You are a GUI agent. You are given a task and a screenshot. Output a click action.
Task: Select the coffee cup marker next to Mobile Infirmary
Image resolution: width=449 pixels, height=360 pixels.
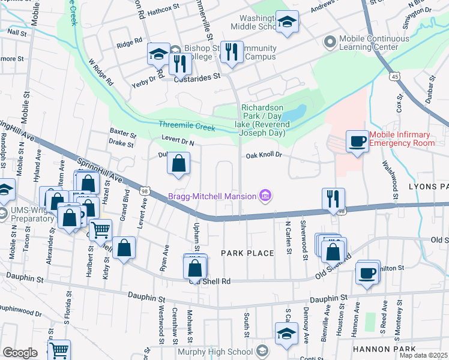357,142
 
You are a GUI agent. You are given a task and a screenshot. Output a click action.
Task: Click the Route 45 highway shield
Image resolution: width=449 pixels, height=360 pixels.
394,77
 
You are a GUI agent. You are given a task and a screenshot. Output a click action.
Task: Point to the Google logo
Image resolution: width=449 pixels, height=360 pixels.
20,352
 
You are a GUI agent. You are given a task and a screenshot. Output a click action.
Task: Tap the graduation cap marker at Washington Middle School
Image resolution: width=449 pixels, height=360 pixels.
287,23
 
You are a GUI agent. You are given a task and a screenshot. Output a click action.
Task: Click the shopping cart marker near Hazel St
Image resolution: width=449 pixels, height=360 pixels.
100,230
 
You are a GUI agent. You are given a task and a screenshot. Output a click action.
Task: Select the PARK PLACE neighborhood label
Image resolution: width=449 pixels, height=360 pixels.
247,253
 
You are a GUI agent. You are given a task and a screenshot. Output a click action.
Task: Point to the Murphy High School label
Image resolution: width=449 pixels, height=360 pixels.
214,351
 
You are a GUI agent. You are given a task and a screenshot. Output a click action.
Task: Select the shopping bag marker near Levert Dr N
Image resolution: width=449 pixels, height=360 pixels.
179,163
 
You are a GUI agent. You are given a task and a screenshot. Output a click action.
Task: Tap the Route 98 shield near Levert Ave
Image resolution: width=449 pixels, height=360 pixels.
145,191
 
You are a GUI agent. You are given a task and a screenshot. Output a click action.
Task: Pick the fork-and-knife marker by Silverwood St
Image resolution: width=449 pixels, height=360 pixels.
333,199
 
